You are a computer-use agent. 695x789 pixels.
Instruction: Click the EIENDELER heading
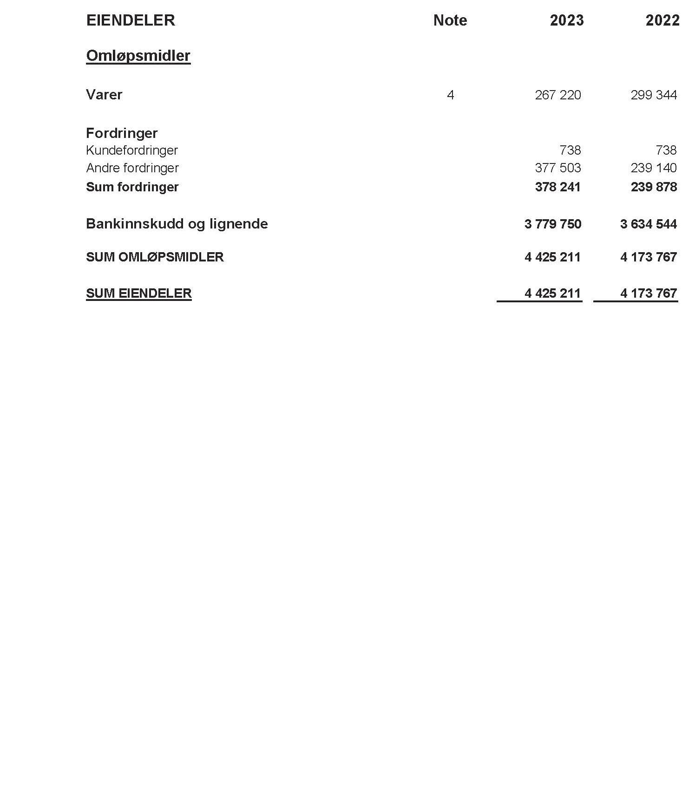tap(131, 20)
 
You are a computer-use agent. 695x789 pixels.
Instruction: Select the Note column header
tap(450, 20)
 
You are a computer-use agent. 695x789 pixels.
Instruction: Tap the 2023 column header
tap(566, 20)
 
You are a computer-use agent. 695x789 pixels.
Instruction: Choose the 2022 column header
tap(662, 20)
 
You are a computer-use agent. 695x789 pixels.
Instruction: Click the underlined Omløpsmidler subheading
tap(138, 56)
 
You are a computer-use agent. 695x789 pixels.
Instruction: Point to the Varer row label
tap(104, 95)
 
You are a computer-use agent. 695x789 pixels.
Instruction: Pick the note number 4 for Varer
tap(450, 95)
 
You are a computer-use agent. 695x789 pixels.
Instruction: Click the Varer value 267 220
tap(557, 95)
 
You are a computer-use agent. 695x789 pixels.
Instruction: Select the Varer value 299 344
tap(653, 95)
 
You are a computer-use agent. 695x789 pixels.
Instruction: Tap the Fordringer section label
tap(122, 133)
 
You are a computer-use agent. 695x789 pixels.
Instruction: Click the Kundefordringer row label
tap(132, 150)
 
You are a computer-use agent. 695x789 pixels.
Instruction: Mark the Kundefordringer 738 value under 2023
tap(570, 150)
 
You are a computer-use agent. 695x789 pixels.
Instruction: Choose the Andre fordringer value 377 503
tap(557, 168)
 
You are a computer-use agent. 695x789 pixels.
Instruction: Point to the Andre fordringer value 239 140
tap(653, 168)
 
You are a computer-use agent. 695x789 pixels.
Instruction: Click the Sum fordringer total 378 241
tap(557, 187)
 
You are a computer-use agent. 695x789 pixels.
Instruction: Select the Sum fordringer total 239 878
tap(653, 187)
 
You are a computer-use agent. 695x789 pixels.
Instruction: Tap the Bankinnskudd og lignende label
tap(177, 224)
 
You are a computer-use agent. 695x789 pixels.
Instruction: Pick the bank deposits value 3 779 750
tap(552, 224)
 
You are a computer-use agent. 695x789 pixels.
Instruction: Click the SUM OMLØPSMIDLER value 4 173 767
tap(648, 257)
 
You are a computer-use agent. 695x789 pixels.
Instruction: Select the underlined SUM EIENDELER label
tap(138, 293)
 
